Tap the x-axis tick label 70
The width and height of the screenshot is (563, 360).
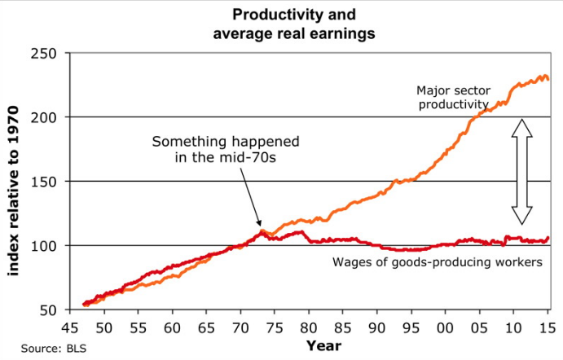tap(240, 327)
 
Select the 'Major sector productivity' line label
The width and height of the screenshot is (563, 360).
tap(452, 97)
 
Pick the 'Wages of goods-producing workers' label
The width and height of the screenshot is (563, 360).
tap(438, 262)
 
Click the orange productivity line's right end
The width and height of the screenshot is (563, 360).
tap(548, 79)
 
